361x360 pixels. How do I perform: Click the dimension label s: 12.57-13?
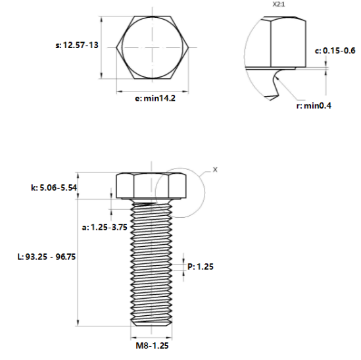[x=77, y=45]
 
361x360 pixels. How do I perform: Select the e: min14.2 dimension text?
[x=155, y=99]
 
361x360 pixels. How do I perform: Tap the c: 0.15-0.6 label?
[x=335, y=51]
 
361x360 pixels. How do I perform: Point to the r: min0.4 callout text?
[x=314, y=106]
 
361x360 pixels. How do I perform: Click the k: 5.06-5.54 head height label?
[x=54, y=188]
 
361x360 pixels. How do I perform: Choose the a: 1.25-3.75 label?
[x=105, y=227]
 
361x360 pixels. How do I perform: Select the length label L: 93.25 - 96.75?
[x=47, y=257]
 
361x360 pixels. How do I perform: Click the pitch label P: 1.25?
[x=201, y=267]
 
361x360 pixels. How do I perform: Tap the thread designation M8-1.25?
[x=152, y=346]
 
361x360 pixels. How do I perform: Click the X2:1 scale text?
[x=279, y=5]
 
